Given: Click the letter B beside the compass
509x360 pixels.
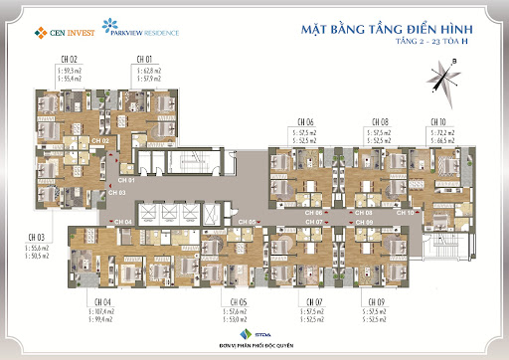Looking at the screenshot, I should point(454,62).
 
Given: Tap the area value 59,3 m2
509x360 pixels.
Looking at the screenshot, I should point(70,72).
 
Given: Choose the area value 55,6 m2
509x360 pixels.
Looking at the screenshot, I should point(42,247).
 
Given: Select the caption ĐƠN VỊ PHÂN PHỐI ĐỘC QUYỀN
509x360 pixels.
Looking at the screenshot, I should point(254,346).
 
